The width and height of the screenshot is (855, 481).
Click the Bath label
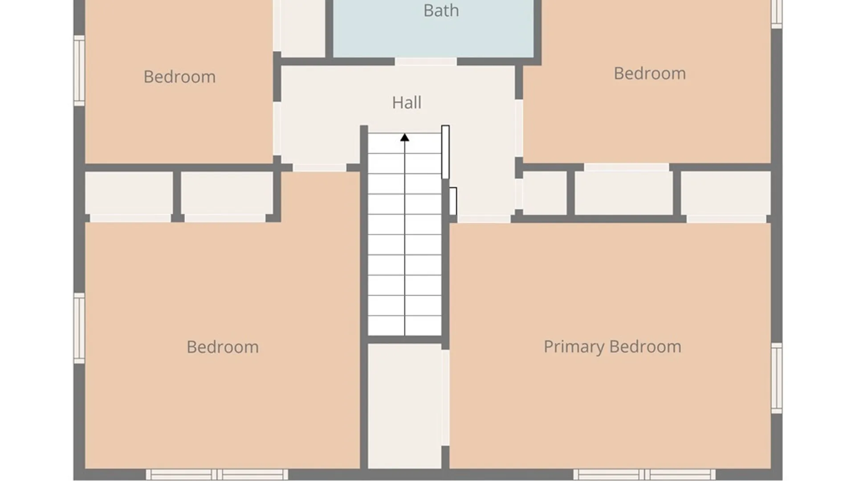click(x=441, y=11)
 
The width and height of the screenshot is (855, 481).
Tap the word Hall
click(x=407, y=102)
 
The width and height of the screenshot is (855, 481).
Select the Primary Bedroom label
click(x=612, y=346)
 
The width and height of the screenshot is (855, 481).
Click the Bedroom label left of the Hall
click(x=179, y=77)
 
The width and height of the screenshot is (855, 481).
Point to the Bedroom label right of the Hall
click(x=650, y=73)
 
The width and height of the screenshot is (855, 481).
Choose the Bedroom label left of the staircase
click(x=223, y=347)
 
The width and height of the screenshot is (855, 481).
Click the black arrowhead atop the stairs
click(x=404, y=138)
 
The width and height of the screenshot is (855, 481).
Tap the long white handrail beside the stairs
click(x=445, y=152)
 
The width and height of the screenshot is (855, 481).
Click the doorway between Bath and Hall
click(x=426, y=61)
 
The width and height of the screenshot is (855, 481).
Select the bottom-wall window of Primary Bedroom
click(x=644, y=474)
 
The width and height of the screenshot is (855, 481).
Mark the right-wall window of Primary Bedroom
click(x=777, y=378)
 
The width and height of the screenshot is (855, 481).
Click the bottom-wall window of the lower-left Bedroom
click(x=217, y=474)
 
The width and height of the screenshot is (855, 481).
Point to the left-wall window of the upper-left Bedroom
click(x=79, y=71)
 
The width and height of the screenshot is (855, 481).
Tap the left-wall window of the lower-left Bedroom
click(x=79, y=328)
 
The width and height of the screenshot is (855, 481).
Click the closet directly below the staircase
click(x=404, y=406)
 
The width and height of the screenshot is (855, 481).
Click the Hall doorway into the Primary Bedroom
click(x=484, y=219)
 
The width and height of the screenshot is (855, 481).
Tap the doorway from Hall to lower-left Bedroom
click(x=320, y=168)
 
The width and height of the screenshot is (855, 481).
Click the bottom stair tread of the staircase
click(x=404, y=326)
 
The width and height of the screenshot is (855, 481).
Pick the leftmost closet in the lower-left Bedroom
click(x=129, y=193)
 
